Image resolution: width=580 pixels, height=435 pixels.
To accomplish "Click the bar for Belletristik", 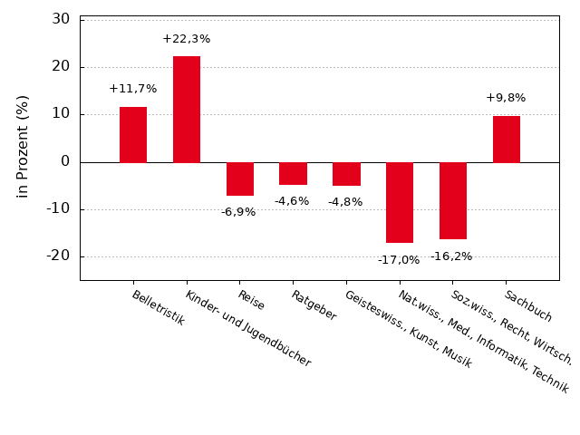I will (x=133, y=134).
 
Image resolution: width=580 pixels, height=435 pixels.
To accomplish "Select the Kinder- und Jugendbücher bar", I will (x=187, y=110).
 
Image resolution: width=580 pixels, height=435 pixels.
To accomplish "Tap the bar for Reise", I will (x=240, y=179).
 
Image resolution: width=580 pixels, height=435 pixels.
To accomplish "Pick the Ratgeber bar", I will (x=293, y=173).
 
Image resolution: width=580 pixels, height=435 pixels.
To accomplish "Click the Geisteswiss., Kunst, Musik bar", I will (x=346, y=174).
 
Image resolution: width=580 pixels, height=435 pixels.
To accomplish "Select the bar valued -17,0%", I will (x=400, y=202).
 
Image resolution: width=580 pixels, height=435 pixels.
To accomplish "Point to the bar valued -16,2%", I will (x=453, y=200).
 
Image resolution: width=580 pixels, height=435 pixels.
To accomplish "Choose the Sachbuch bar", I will (x=507, y=139).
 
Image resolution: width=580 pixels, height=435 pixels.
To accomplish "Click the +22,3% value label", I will (x=187, y=39).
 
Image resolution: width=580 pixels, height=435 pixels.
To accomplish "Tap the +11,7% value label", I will (x=133, y=89).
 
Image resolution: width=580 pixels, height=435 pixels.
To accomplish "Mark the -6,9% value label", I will (x=238, y=212).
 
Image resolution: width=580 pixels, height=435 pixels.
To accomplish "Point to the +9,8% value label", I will (x=506, y=98).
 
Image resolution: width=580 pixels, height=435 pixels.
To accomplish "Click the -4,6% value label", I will (x=292, y=201).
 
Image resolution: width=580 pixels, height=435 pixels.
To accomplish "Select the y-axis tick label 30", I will (x=61, y=19).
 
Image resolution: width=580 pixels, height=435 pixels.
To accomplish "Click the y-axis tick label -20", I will (x=58, y=256).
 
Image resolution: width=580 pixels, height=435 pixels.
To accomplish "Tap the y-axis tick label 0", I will (x=65, y=161).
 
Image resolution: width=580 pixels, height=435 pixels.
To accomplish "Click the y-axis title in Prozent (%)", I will (x=24, y=146).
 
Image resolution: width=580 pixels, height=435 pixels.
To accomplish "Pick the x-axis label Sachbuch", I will (x=528, y=306).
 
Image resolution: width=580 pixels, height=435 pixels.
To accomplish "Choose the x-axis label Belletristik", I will (x=159, y=308).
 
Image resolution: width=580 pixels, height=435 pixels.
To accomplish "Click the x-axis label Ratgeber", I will (x=314, y=305).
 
